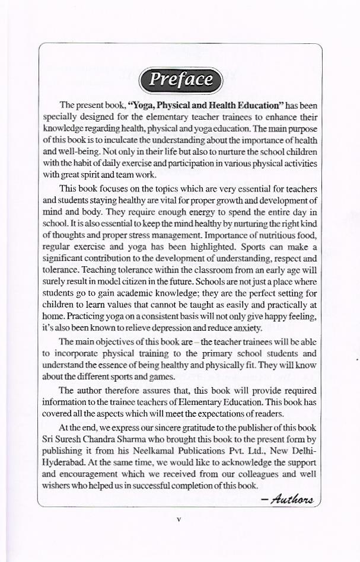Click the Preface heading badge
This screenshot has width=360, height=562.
click(x=180, y=80)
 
